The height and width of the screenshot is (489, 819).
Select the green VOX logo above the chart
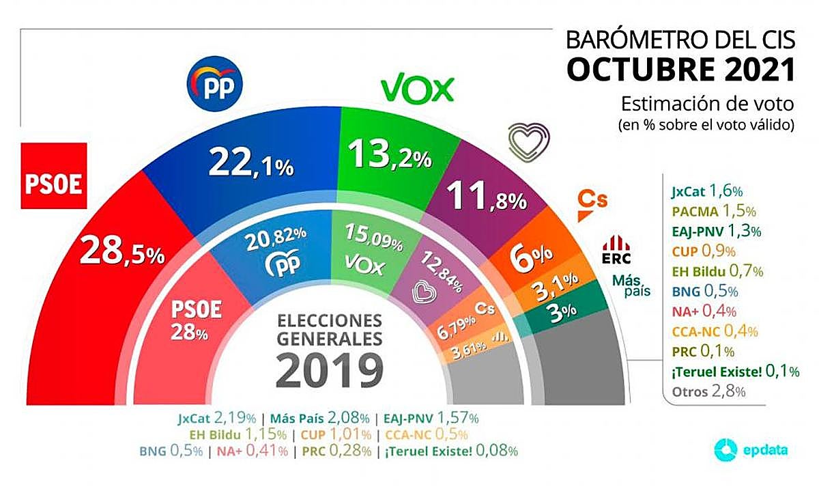coord(417,89)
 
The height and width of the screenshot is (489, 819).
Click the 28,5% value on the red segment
coord(122,252)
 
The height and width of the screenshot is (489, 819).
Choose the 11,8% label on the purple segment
coord(485,199)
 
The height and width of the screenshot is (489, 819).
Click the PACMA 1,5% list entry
coord(705,212)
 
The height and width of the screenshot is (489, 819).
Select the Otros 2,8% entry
coord(705,391)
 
